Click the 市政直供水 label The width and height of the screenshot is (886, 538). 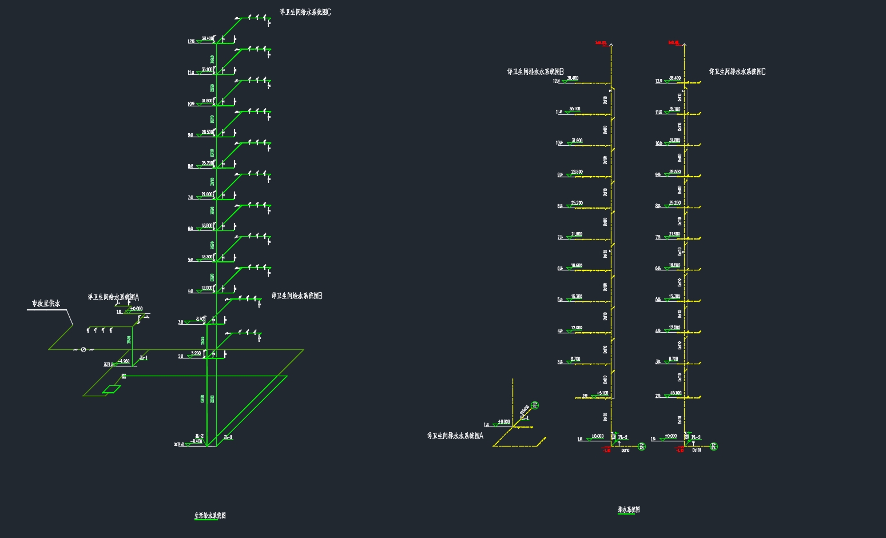pos(46,304)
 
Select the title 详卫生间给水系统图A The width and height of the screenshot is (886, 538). pos(113,297)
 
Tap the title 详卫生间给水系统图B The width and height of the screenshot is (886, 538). pos(297,296)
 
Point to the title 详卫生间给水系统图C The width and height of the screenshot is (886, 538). pos(305,12)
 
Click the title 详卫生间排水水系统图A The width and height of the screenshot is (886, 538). pos(455,436)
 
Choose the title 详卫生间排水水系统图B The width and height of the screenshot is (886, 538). pos(536,72)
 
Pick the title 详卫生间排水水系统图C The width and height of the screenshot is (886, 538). pos(737,72)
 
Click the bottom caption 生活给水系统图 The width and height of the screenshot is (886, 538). pos(210,516)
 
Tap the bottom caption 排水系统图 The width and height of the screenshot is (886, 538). pos(629,509)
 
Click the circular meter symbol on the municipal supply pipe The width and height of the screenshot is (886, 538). pos(84,349)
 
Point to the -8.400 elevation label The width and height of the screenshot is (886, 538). pos(197,441)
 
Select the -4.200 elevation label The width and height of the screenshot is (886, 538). pos(124,361)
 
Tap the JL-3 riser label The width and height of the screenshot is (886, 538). pos(228,438)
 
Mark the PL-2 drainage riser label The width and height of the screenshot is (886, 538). pos(623,437)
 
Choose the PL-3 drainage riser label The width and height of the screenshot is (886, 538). pos(696,437)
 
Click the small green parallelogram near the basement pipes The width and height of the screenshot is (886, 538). pos(112,389)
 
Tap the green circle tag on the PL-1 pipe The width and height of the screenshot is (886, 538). pos(536,405)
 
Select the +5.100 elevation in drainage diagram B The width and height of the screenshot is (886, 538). pos(603,393)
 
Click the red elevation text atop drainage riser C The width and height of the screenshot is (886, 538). pos(673,42)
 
